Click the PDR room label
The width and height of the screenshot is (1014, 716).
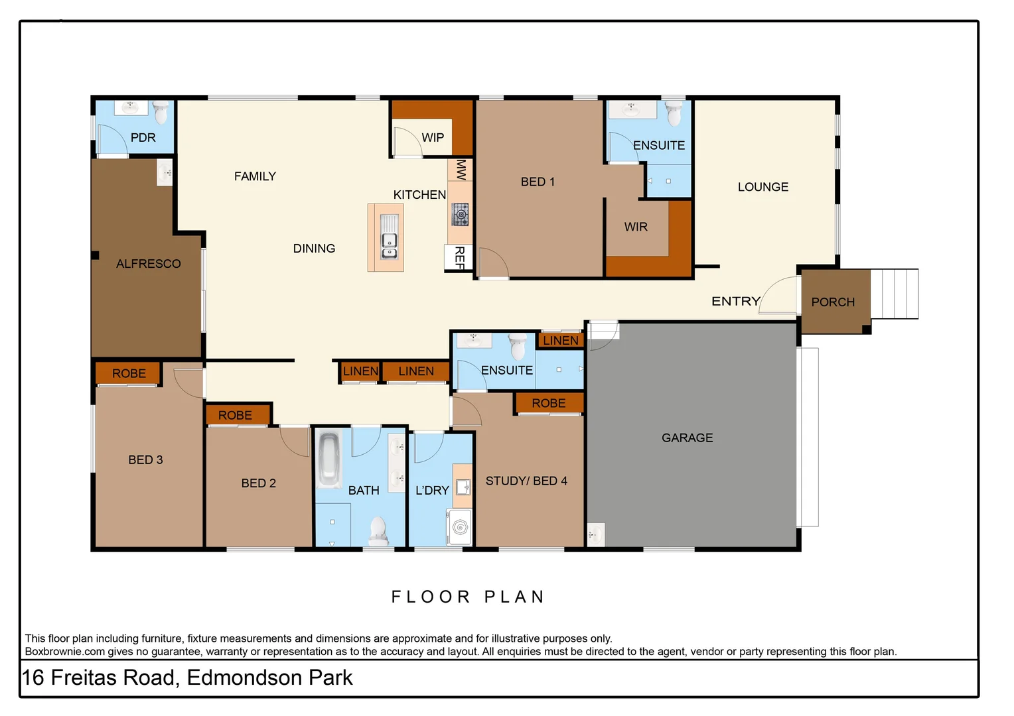143,137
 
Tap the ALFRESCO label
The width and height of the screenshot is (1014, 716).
148,264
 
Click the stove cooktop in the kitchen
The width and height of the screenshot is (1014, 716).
461,215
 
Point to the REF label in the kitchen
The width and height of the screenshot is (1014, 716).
459,257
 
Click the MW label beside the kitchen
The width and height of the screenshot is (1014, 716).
461,170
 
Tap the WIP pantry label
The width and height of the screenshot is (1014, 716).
433,137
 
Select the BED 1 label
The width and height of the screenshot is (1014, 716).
538,182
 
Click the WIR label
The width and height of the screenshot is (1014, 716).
635,227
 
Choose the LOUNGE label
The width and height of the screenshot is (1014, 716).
762,187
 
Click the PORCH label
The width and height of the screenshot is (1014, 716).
832,302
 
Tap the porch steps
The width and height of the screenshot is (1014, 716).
895,294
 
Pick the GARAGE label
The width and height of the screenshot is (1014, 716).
687,438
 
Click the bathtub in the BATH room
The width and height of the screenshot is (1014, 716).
328,457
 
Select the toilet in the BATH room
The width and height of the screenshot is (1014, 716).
377,530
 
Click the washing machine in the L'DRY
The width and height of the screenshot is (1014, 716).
460,527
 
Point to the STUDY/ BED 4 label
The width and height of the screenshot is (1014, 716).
526,481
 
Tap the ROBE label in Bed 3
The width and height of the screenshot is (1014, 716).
129,373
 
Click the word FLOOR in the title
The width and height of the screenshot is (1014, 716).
431,597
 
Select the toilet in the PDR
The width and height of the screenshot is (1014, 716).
161,113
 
